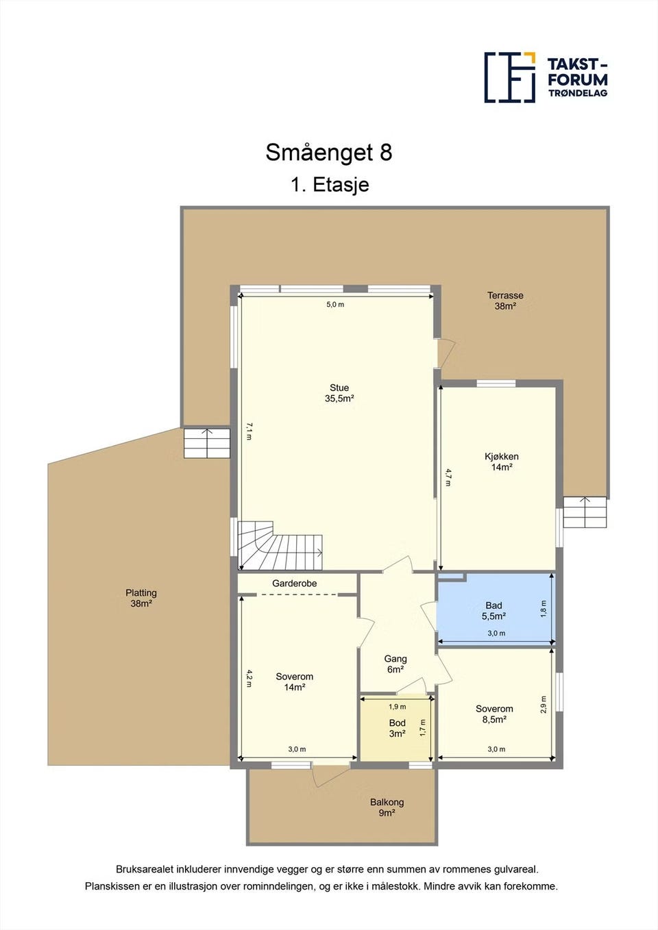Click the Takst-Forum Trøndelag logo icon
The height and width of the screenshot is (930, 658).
click(x=510, y=77)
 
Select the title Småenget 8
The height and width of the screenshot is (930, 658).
click(x=328, y=152)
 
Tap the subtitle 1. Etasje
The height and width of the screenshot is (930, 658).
click(x=330, y=184)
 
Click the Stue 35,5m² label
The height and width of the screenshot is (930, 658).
click(x=339, y=393)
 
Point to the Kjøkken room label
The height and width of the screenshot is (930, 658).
click(x=502, y=462)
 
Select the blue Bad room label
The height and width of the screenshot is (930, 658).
click(x=493, y=611)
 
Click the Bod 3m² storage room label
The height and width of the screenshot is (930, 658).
click(x=397, y=728)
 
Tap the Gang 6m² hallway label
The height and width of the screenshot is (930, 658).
click(x=395, y=664)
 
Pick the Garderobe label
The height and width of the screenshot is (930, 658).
click(x=294, y=583)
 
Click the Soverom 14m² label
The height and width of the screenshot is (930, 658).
click(x=295, y=681)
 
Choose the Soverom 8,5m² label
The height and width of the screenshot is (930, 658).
click(x=494, y=714)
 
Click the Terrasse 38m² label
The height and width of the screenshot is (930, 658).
click(x=505, y=301)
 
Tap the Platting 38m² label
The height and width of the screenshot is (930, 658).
click(x=141, y=598)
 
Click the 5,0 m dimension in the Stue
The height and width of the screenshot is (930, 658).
click(x=335, y=304)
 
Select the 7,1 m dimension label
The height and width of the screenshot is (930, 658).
click(x=249, y=431)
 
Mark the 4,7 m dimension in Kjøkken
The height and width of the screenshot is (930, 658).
click(x=448, y=477)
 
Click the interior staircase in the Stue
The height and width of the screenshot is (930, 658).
click(x=280, y=546)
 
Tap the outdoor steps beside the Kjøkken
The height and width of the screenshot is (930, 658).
click(x=585, y=512)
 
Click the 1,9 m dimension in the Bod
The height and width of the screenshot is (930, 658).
click(x=397, y=707)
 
